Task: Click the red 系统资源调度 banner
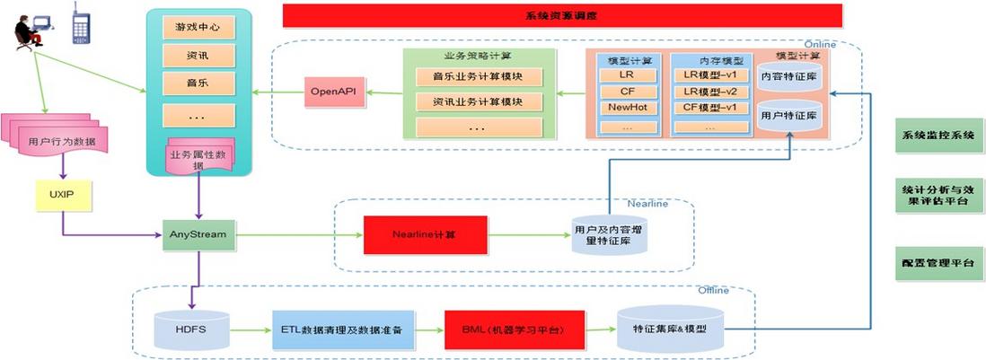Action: (x=562, y=15)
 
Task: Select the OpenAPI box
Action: (x=333, y=92)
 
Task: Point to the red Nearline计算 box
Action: (x=424, y=234)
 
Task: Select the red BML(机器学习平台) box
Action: (x=515, y=329)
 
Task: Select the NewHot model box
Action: (x=626, y=108)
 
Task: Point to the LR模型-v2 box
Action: (x=709, y=92)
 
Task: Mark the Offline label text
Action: (x=714, y=290)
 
